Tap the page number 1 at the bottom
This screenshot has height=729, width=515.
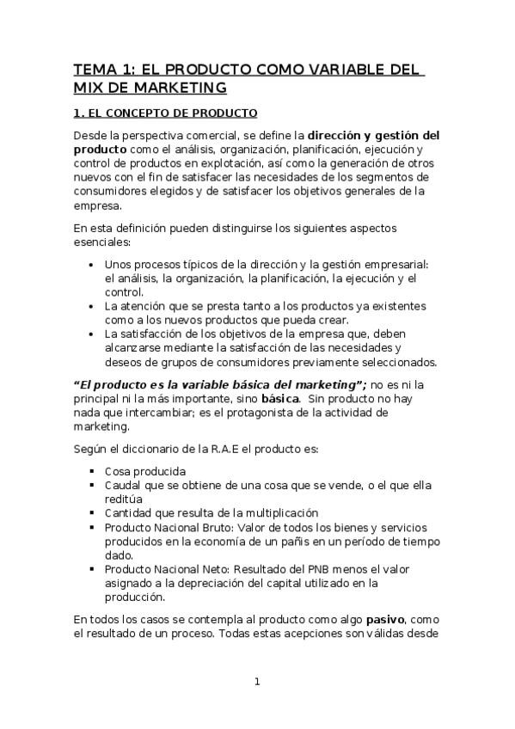click(x=256, y=682)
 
